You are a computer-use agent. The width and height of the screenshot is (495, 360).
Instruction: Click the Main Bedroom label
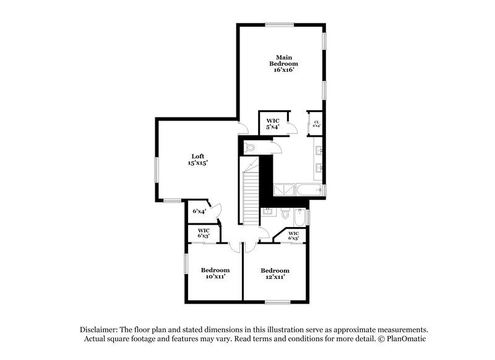284,64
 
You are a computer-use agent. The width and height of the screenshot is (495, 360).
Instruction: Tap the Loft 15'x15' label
197,160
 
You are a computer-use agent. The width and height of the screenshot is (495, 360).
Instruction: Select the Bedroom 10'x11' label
215,273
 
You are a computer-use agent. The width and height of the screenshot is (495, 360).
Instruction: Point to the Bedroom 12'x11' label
275,273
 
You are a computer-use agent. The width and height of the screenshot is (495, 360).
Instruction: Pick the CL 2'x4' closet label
316,124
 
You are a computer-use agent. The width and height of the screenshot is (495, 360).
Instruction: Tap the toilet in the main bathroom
251,148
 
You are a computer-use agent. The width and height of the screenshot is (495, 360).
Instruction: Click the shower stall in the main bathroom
284,188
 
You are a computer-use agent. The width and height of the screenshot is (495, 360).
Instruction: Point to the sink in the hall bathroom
268,212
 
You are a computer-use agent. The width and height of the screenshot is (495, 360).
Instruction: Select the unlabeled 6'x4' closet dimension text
199,212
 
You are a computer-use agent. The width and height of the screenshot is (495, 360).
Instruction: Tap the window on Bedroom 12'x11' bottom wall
278,302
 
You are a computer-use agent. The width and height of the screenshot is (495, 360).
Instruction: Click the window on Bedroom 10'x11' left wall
185,264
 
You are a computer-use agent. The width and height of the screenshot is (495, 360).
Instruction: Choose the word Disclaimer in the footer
100,330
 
